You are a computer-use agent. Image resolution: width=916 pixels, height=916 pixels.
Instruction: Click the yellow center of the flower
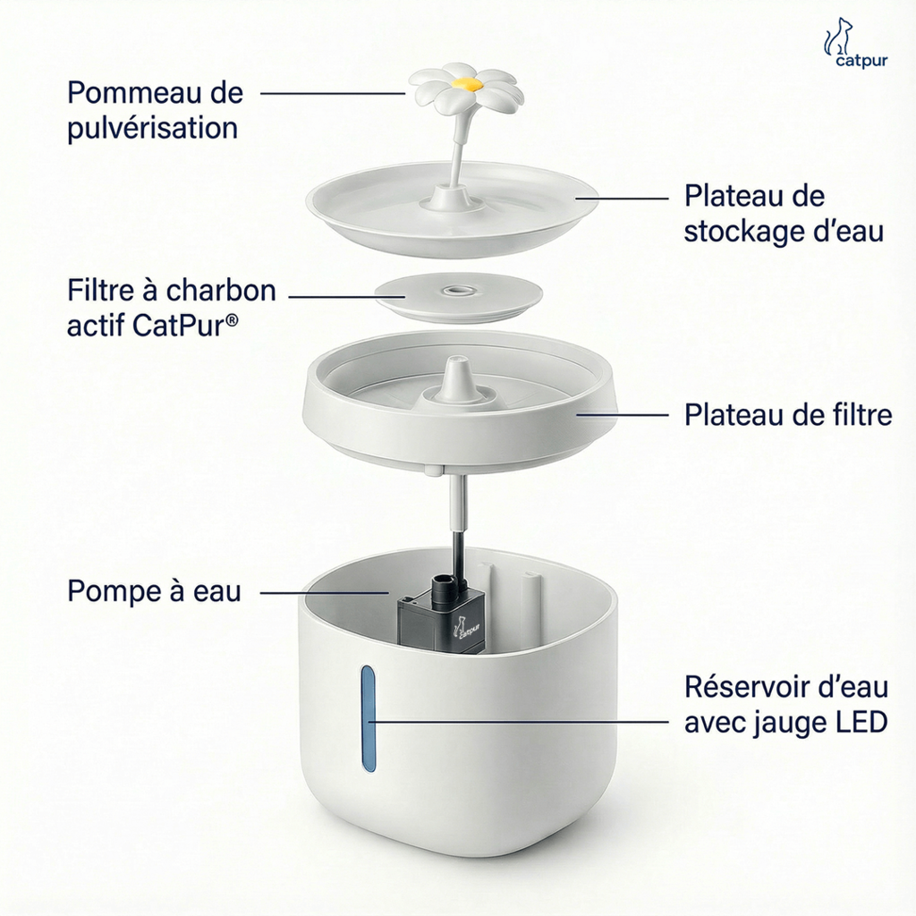464,83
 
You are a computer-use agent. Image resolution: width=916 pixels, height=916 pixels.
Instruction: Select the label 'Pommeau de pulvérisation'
155,110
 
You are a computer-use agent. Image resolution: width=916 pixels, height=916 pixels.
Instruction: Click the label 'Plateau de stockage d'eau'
784,214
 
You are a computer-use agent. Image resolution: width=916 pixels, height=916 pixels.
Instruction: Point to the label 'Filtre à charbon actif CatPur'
171,308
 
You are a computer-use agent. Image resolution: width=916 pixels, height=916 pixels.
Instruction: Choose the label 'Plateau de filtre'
787,415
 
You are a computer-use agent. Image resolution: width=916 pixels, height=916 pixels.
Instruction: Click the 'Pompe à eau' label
154,591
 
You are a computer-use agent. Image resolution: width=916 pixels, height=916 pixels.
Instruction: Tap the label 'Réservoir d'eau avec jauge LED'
785,704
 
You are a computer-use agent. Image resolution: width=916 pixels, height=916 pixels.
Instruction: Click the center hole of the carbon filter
459,290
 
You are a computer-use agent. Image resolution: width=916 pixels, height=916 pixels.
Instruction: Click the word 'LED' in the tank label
860,722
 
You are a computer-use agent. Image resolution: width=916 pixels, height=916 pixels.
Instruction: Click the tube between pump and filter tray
458,519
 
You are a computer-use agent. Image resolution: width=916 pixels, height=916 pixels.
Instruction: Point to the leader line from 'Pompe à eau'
322,592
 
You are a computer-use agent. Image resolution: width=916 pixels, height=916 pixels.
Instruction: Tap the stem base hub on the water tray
453,196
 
